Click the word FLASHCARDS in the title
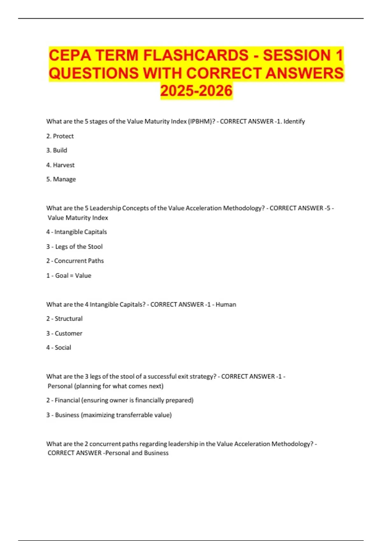click(195, 55)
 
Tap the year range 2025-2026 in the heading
click(196, 91)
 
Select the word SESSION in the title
click(297, 55)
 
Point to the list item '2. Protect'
click(60, 136)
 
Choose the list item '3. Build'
click(57, 150)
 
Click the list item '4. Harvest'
click(60, 165)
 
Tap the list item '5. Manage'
click(61, 179)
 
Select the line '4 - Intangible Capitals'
click(76, 232)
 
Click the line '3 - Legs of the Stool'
click(74, 247)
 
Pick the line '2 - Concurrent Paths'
click(75, 261)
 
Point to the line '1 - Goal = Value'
click(69, 276)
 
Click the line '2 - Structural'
click(64, 319)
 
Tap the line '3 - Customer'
click(64, 333)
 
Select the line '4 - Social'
click(59, 348)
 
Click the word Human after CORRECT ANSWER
click(226, 305)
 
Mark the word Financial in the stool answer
click(67, 400)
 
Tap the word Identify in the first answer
click(294, 121)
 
